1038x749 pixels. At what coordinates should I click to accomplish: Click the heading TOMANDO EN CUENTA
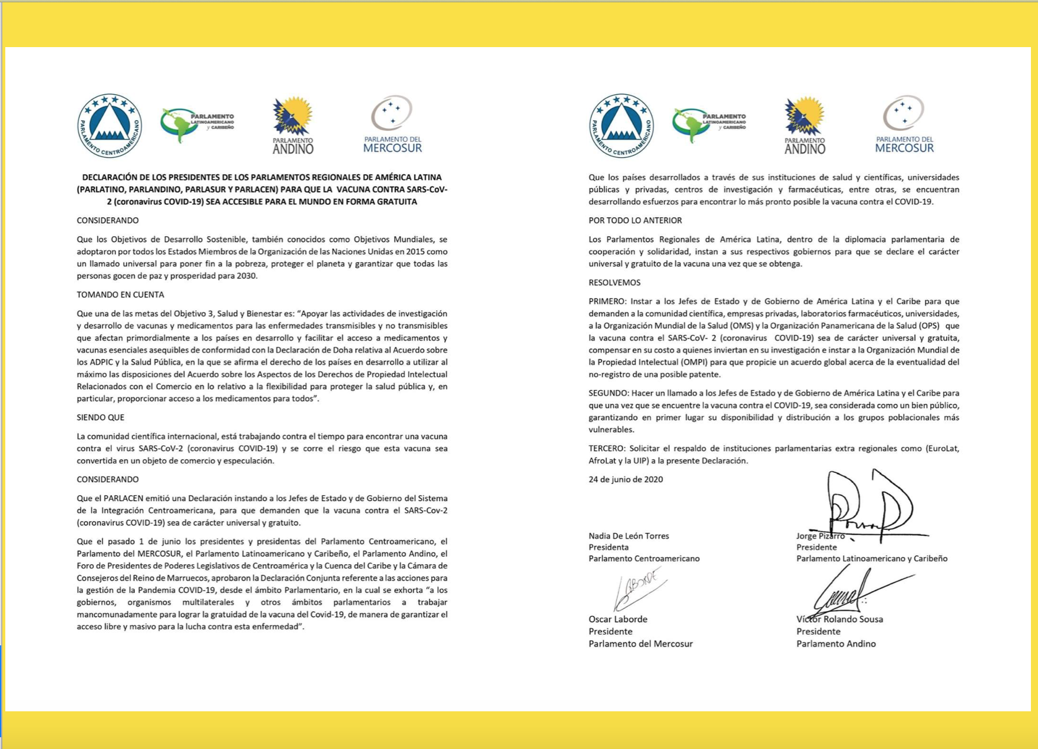tap(120, 294)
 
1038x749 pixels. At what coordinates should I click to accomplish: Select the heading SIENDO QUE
tap(100, 417)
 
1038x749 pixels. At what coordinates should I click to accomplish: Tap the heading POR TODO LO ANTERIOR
tap(635, 220)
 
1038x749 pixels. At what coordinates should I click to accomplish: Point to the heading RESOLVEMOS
tap(614, 283)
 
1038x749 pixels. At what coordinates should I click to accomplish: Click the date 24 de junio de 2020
tap(626, 479)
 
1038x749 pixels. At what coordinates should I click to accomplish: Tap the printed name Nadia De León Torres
tap(629, 536)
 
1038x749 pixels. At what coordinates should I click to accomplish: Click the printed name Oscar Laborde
tap(618, 619)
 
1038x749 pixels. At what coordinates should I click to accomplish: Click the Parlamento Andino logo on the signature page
tap(805, 125)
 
